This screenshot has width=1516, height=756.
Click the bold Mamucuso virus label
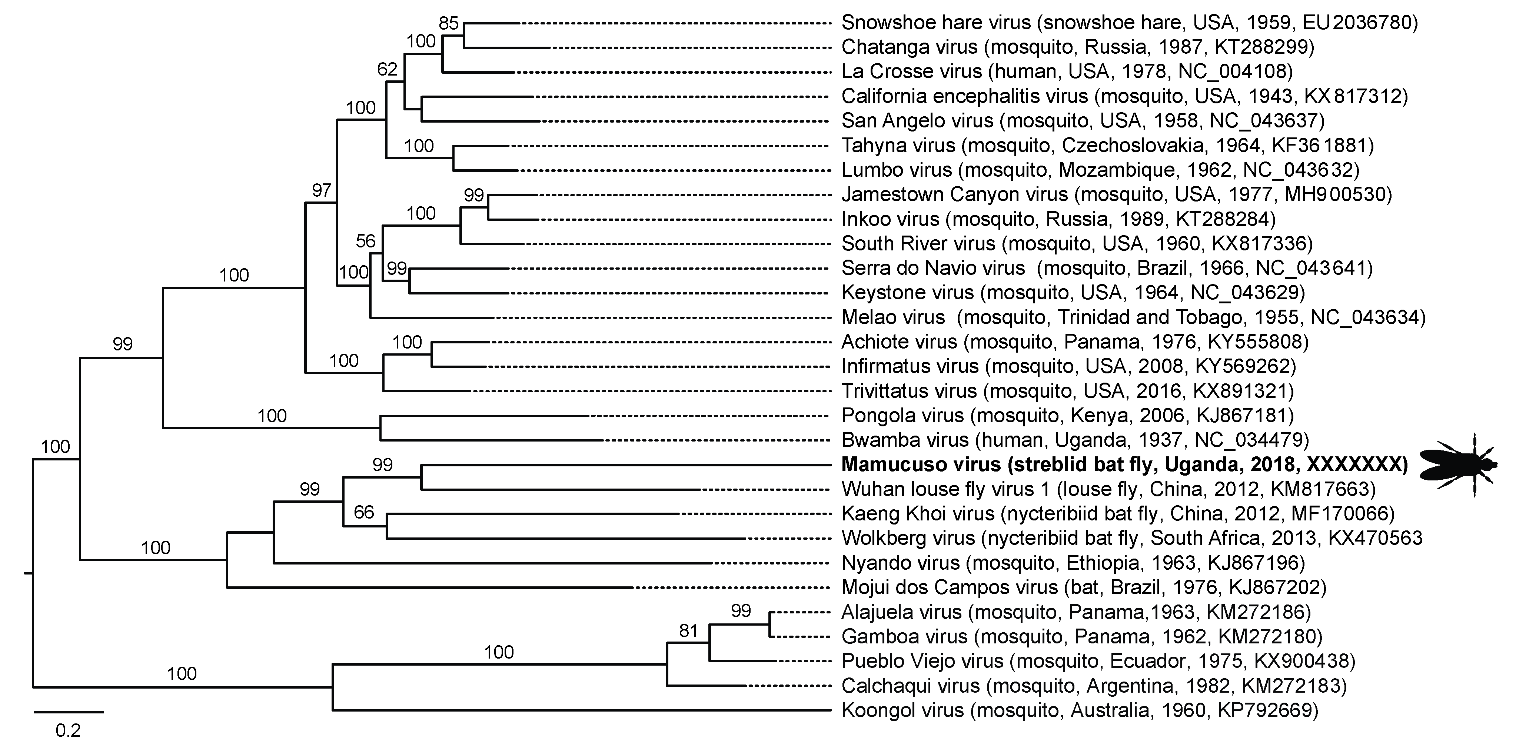click(x=1124, y=465)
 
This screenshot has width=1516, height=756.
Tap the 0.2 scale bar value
click(x=68, y=731)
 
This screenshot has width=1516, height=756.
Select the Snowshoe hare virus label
click(x=1129, y=22)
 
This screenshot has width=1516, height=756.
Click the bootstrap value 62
click(x=387, y=69)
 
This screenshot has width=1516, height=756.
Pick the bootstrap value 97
click(x=321, y=190)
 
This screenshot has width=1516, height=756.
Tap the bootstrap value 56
click(x=365, y=241)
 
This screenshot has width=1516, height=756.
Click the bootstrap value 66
click(x=364, y=512)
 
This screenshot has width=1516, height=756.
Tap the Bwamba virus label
click(x=1075, y=440)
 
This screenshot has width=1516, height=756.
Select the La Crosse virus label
click(x=1066, y=71)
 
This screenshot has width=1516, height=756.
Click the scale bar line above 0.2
click(x=68, y=712)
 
